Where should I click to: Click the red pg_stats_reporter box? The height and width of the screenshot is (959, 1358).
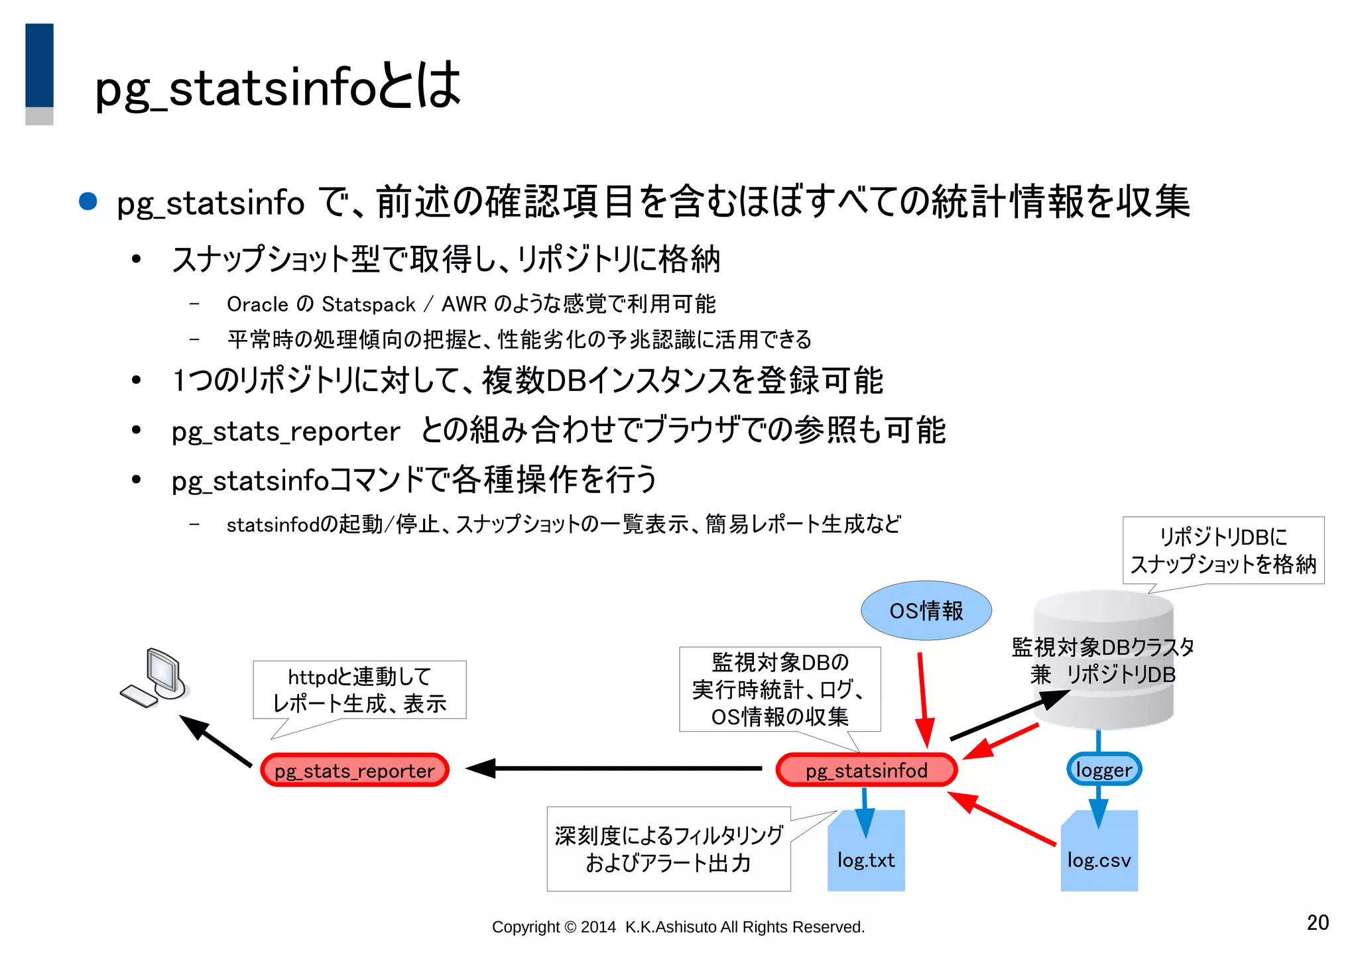[355, 770]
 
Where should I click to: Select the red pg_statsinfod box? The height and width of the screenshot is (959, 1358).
[866, 770]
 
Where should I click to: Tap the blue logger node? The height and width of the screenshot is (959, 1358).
[1103, 769]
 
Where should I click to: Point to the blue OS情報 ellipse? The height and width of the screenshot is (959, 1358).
[926, 610]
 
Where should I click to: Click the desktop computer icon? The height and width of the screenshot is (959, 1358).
[156, 677]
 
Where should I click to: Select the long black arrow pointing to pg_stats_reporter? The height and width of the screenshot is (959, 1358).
[617, 769]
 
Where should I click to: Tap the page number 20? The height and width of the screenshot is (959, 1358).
[1318, 923]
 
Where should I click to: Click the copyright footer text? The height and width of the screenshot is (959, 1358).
[678, 927]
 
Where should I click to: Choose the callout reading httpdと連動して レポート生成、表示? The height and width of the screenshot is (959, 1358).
[359, 690]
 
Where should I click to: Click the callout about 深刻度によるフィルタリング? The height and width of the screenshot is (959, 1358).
[668, 849]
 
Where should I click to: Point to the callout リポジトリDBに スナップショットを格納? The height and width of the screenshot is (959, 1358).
[1223, 550]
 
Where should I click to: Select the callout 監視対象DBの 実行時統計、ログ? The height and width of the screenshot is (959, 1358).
[780, 689]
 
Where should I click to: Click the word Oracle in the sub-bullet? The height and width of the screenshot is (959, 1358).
[257, 304]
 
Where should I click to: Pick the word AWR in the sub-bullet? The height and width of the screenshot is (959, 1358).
[463, 304]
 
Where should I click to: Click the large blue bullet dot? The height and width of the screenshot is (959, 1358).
[88, 201]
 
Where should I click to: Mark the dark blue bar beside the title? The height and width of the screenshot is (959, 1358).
[39, 65]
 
